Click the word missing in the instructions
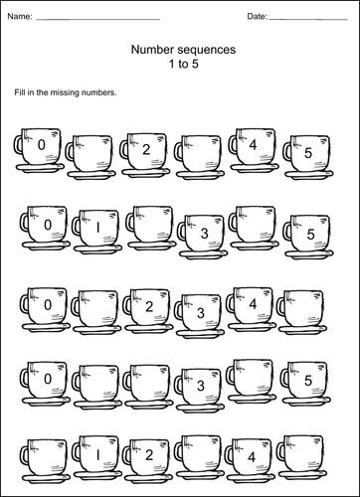(75, 92)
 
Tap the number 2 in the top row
(146, 150)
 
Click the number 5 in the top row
(308, 153)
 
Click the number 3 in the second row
(203, 234)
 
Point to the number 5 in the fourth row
(308, 380)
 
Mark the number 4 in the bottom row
(253, 456)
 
